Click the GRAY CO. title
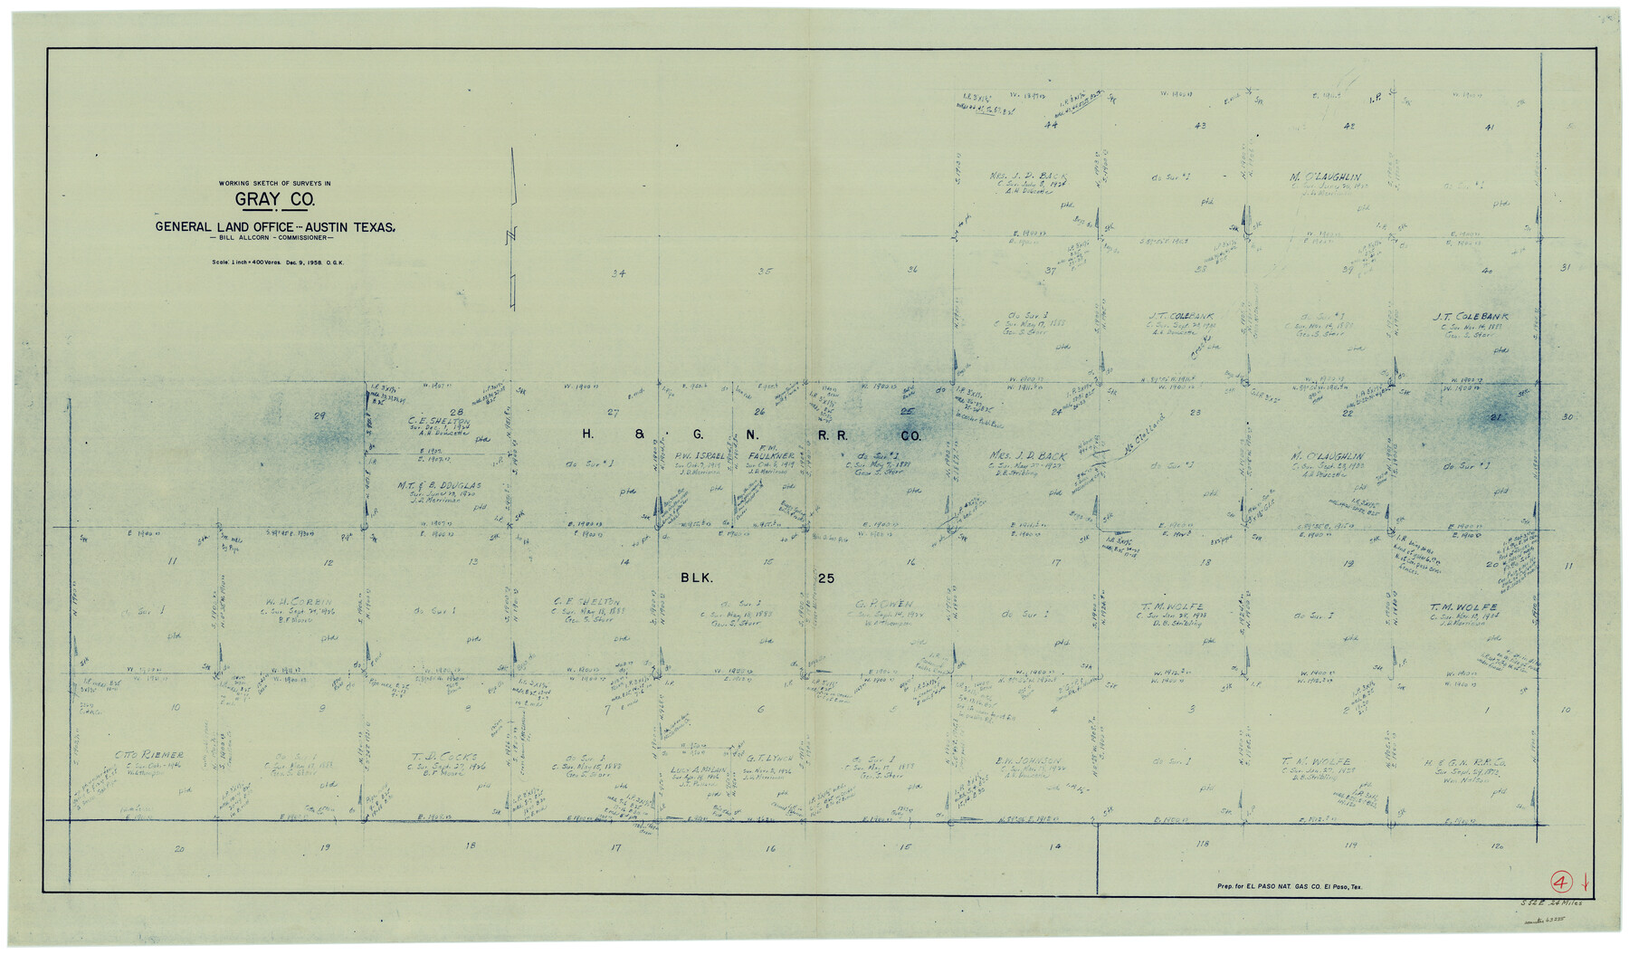(275, 200)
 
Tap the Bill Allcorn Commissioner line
(271, 238)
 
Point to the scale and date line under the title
(278, 263)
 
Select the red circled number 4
(1560, 882)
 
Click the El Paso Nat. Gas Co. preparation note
(1289, 887)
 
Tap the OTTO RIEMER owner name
(149, 755)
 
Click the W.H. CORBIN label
(299, 602)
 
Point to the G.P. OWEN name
(883, 604)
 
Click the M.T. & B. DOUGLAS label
(439, 486)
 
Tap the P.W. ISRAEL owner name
(699, 456)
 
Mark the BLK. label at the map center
(697, 578)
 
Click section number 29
(319, 415)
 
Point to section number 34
(618, 273)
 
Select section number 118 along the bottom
(1201, 845)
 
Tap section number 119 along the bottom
(1350, 845)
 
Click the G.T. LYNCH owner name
(769, 759)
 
